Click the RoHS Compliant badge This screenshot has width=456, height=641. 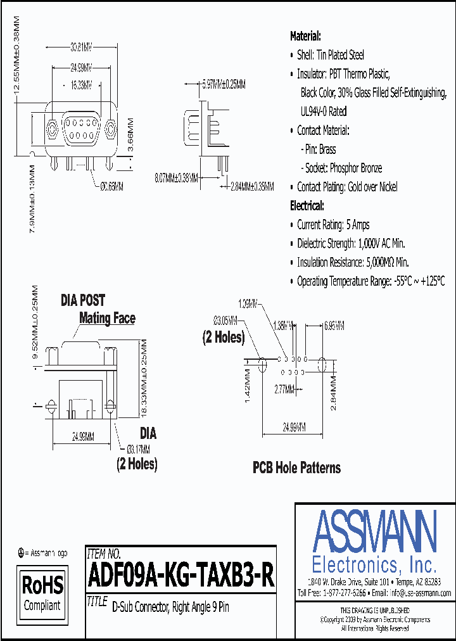[42, 592]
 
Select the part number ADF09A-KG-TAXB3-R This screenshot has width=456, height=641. [181, 576]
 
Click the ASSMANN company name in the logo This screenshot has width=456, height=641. [374, 533]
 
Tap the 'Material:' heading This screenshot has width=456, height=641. [305, 36]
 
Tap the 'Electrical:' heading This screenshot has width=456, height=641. [307, 206]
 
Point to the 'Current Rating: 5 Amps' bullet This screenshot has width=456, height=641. [333, 225]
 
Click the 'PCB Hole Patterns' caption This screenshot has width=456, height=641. [296, 468]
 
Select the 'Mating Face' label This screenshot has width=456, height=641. [107, 318]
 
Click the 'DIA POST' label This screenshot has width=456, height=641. [83, 300]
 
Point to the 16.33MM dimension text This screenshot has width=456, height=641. [80, 84]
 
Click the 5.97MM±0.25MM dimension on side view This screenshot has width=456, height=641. [224, 84]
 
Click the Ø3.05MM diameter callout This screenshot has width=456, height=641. [225, 319]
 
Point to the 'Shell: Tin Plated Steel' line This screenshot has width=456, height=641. [331, 55]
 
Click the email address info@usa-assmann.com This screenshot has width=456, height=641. [420, 593]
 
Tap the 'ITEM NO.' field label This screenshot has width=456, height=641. [103, 553]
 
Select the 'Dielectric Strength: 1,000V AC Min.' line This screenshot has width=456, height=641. [351, 243]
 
